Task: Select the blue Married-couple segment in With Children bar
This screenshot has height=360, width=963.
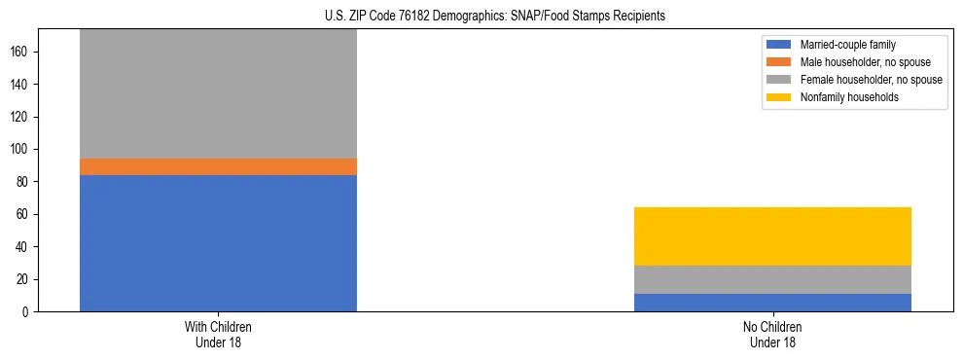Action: pyautogui.click(x=218, y=243)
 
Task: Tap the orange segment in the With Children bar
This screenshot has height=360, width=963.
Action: pyautogui.click(x=218, y=166)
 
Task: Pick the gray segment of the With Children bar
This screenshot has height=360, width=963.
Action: pyautogui.click(x=218, y=93)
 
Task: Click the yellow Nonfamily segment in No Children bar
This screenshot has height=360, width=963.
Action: pyautogui.click(x=772, y=236)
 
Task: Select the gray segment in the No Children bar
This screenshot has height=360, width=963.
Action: pyautogui.click(x=772, y=279)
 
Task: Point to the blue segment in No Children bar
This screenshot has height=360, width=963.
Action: pyautogui.click(x=772, y=303)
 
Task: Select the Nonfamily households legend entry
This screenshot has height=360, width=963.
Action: pyautogui.click(x=842, y=97)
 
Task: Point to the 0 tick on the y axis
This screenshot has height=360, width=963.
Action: pyautogui.click(x=27, y=312)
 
